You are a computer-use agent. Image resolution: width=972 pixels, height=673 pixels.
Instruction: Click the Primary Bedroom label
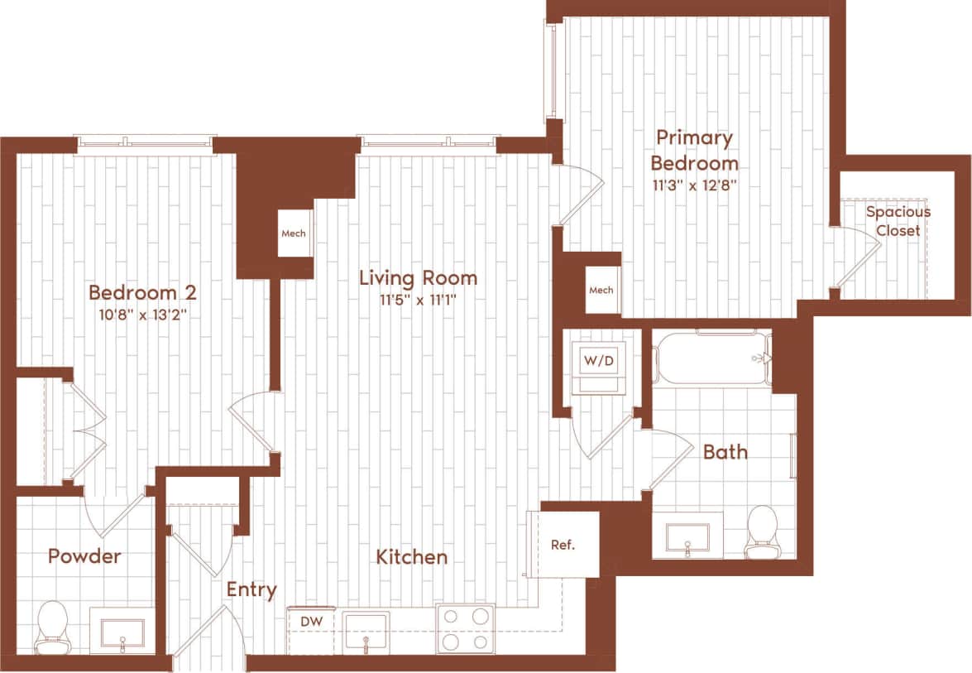pyautogui.click(x=694, y=150)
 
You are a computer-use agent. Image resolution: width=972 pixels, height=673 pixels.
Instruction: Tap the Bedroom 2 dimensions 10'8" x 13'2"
pyautogui.click(x=142, y=315)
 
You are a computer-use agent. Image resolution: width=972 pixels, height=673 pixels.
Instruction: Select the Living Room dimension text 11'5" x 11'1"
pyautogui.click(x=418, y=300)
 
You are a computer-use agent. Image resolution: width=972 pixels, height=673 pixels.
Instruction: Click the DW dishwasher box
pyautogui.click(x=311, y=621)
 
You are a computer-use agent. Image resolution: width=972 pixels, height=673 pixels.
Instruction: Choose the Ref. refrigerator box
pyautogui.click(x=563, y=545)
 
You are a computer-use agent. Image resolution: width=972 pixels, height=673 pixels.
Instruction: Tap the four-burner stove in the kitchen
pyautogui.click(x=465, y=628)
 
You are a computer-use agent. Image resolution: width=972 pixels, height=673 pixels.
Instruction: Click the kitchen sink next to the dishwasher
pyautogui.click(x=366, y=629)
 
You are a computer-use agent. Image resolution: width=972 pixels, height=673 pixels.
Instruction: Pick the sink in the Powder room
pyautogui.click(x=122, y=633)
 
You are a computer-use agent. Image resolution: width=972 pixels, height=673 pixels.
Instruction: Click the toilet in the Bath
pyautogui.click(x=761, y=531)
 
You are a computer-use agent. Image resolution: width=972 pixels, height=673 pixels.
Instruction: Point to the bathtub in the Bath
pyautogui.click(x=713, y=358)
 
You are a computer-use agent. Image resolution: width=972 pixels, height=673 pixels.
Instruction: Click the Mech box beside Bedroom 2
pyautogui.click(x=294, y=233)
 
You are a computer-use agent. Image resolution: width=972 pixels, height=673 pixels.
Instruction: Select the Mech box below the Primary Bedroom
pyautogui.click(x=601, y=290)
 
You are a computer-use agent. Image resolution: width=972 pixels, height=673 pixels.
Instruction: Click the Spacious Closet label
pyautogui.click(x=898, y=221)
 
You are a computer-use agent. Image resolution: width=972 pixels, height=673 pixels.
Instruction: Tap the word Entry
pyautogui.click(x=251, y=589)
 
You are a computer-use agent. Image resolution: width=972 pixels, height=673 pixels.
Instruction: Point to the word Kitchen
pyautogui.click(x=412, y=557)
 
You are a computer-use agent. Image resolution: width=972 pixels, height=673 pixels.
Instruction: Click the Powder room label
pyautogui.click(x=84, y=556)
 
